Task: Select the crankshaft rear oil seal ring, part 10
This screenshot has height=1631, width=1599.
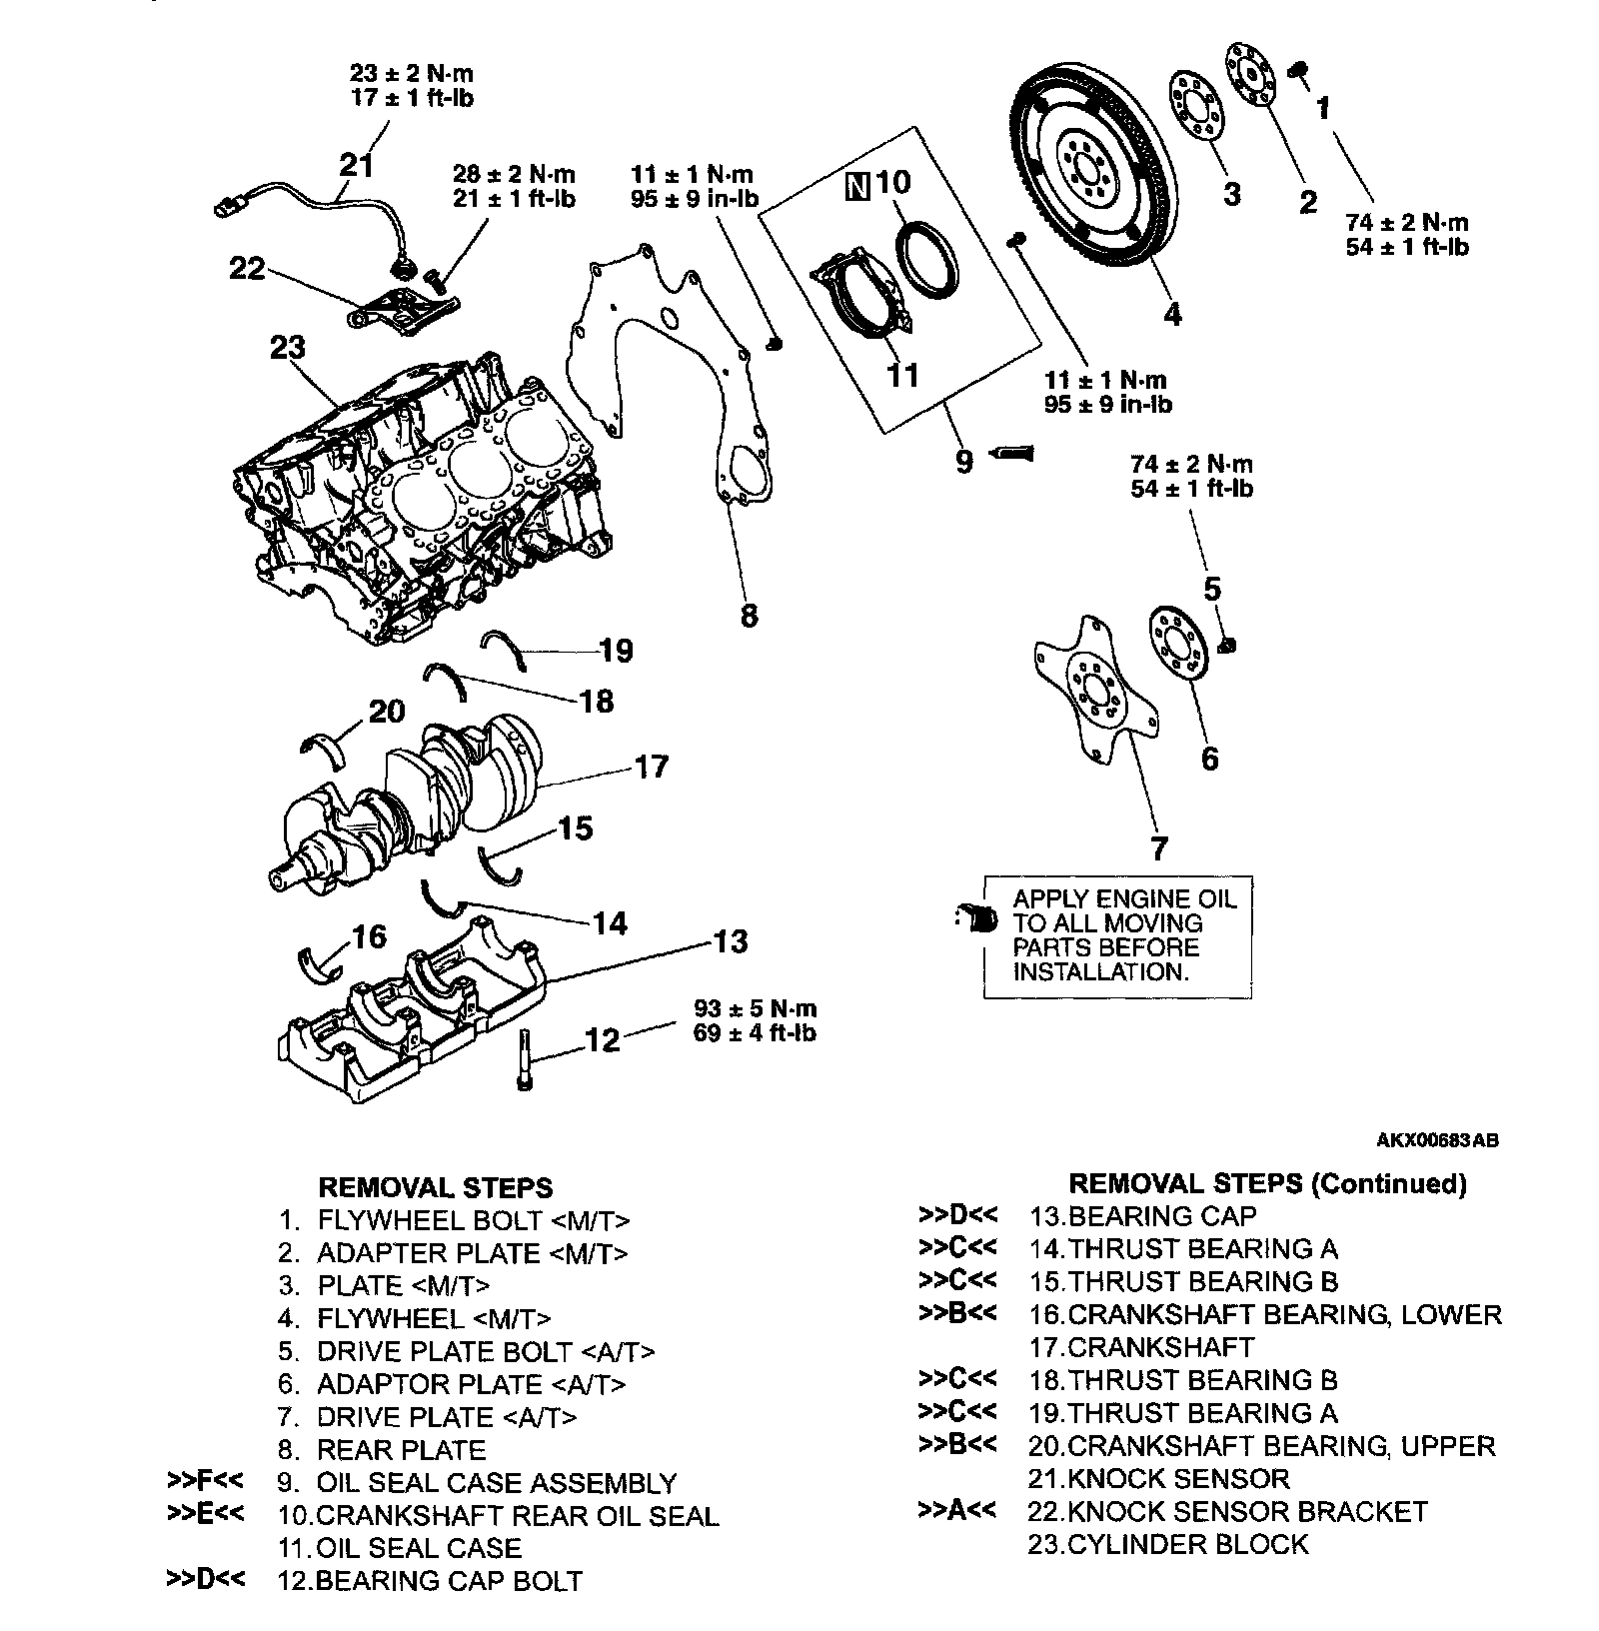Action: coord(927,259)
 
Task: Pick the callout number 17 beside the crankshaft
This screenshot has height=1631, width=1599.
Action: coord(651,767)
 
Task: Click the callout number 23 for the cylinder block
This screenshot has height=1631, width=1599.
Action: coord(288,348)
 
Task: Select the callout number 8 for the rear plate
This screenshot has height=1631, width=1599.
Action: coord(749,615)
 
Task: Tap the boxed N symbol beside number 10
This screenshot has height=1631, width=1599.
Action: coord(856,186)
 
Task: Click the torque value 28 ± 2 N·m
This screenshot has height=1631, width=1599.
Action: coord(515,175)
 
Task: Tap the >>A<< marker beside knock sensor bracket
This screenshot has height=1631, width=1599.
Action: coord(956,1510)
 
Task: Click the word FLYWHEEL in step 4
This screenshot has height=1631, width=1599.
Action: coord(391,1318)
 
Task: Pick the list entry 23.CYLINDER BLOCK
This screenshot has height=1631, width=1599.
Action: coord(1168,1544)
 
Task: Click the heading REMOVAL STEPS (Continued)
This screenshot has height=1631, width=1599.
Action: coord(1268,1183)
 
